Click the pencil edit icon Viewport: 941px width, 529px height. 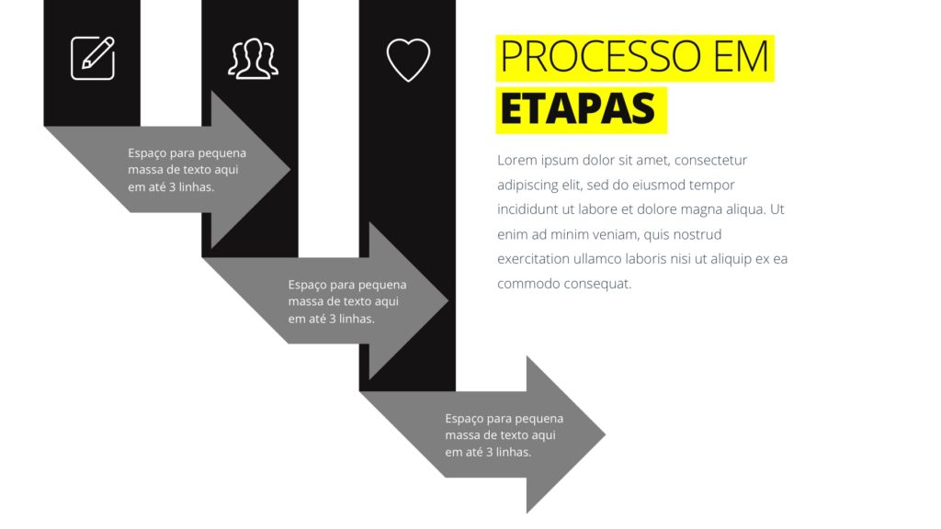point(93,57)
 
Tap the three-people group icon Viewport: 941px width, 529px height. point(253,59)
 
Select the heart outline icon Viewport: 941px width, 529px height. point(408,59)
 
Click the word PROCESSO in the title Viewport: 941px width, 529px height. point(603,58)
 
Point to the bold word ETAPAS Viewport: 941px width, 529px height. point(578,109)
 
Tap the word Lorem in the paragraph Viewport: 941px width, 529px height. point(517,161)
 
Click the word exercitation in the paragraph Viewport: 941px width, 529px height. point(536,260)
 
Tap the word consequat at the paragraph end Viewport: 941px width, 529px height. point(596,285)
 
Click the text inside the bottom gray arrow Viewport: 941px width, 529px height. point(504,435)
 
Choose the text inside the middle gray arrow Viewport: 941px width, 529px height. point(346,302)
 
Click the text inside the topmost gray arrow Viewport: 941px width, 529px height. point(187,170)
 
